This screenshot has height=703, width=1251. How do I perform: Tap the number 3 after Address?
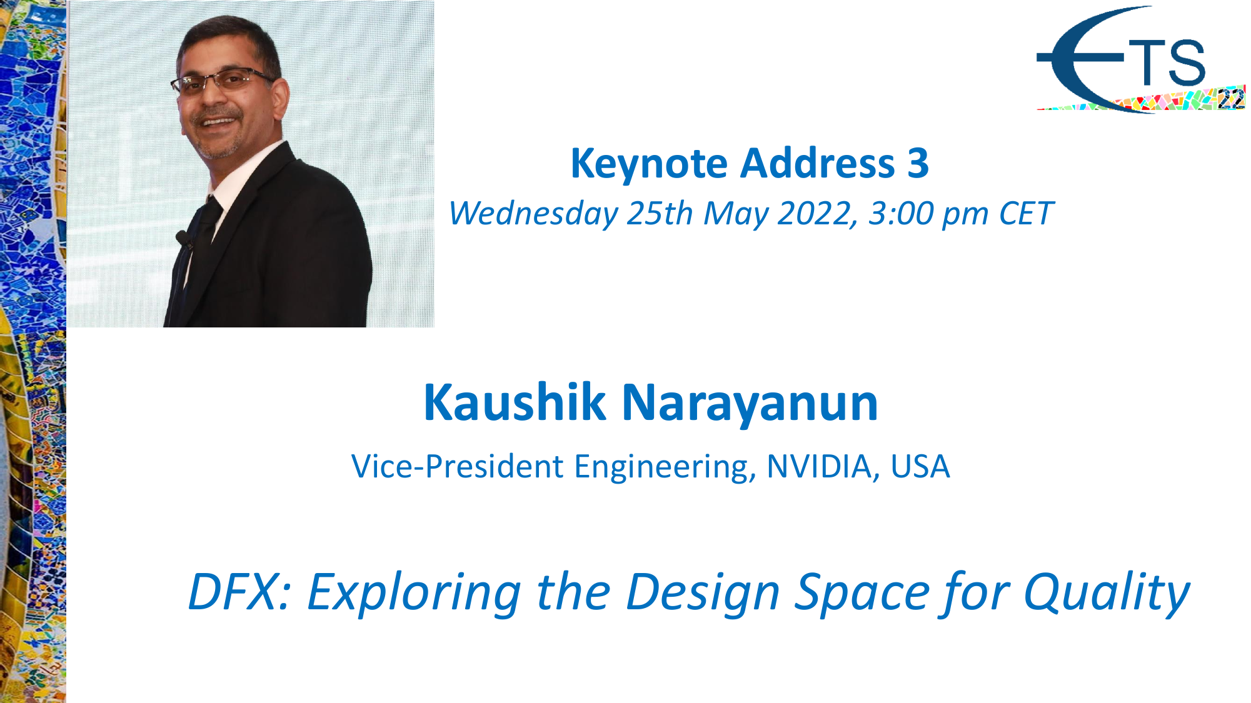tap(918, 164)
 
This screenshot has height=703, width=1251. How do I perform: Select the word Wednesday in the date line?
tap(533, 214)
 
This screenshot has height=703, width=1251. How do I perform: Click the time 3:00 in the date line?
tap(900, 214)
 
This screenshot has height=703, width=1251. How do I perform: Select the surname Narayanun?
tap(750, 404)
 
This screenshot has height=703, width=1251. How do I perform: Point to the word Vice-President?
tap(458, 467)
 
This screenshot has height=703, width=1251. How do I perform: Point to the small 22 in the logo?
tap(1230, 99)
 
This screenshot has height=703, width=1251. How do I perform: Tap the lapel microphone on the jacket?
tap(183, 238)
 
